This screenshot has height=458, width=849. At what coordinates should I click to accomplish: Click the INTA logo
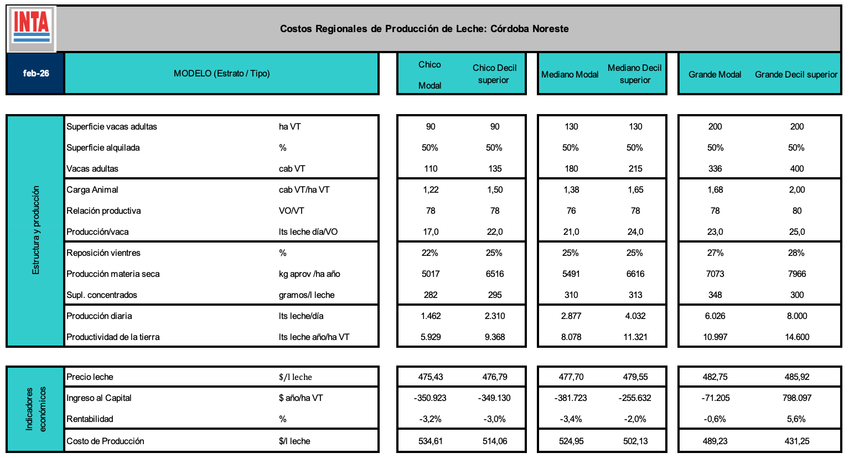pos(32,28)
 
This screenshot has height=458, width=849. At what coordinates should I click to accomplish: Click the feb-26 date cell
pos(36,73)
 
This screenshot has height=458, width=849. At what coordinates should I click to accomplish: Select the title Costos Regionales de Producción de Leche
pos(424,29)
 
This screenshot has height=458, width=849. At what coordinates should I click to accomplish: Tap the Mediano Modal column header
pos(570,74)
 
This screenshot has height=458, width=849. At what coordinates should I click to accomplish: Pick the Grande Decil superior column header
pos(796,74)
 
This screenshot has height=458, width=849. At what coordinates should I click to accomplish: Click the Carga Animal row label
pos(92,189)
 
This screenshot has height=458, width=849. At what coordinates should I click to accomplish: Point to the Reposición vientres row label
pos(103,253)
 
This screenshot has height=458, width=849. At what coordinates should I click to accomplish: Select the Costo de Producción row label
pos(105,441)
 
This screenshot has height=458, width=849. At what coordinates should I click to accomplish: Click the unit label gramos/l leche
pos(307,295)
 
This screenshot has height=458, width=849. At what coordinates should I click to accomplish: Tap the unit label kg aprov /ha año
pos(309,274)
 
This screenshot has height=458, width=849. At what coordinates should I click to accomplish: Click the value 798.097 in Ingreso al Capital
pos(796,398)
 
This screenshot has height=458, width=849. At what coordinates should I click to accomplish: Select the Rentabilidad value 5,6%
pos(796,419)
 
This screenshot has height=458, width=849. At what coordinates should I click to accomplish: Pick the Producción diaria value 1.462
pos(431,316)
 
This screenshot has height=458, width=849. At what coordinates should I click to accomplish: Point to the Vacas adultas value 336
pos(715,168)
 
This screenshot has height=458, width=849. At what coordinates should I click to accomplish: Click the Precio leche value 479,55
pos(635,377)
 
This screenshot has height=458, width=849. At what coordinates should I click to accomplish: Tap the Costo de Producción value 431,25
pos(796,441)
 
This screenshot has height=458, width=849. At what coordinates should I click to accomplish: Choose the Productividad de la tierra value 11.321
pos(635,337)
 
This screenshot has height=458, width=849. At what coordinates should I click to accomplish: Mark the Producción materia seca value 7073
pos(715,274)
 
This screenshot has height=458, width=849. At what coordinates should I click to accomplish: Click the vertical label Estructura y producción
pos(36,230)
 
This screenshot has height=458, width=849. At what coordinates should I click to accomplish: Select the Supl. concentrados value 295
pos(495,295)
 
